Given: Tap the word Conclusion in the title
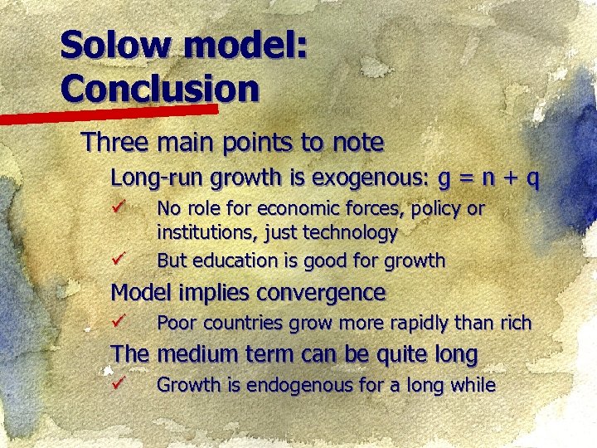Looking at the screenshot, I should [159, 86].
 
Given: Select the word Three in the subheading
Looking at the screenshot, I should [114, 143].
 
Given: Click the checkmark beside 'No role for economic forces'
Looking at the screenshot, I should [118, 205].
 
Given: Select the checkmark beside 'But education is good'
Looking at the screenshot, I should [118, 258].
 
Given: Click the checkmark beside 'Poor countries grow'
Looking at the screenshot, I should [118, 321].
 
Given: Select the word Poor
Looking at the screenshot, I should [176, 323].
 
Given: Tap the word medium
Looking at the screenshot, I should [197, 355].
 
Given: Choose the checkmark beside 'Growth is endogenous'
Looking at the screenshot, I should [118, 383].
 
